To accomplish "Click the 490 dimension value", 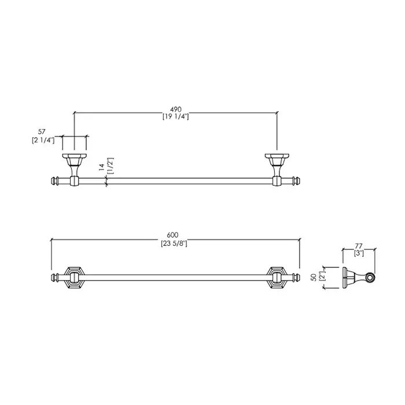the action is (176, 109).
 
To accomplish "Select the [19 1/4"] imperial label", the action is (176, 117).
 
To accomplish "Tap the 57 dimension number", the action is (42, 132).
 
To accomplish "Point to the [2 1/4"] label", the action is (43, 141).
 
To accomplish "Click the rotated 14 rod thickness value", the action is (101, 167).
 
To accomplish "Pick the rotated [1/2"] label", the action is (110, 166).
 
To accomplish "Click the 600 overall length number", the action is (172, 235).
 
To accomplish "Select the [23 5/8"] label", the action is (174, 244).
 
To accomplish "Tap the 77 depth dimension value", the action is (359, 246).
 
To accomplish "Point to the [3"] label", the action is (359, 253).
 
